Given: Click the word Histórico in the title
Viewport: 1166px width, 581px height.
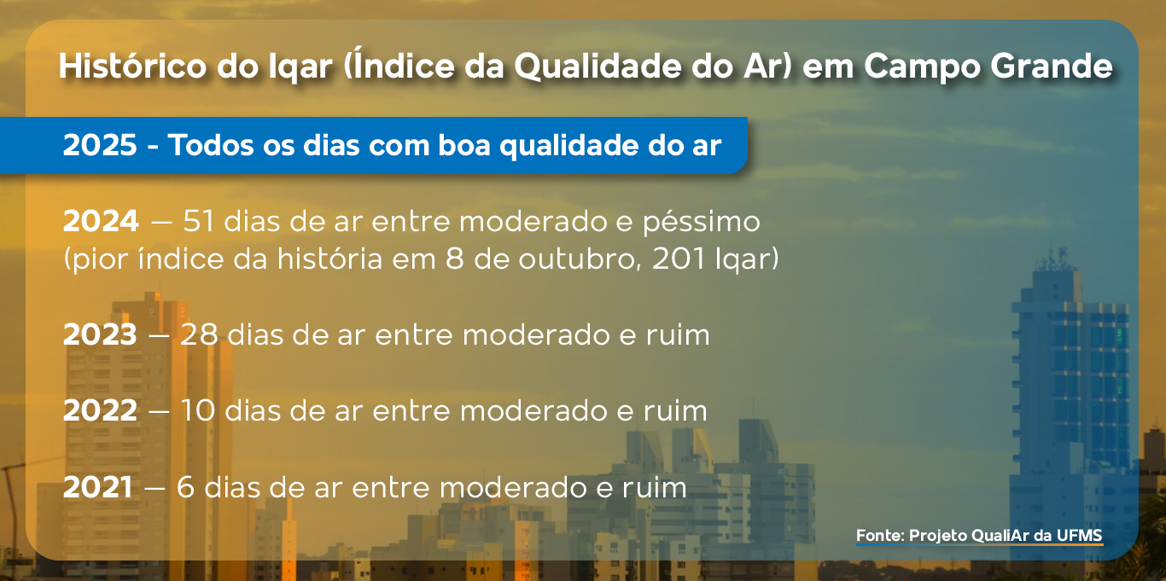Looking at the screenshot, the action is [x=133, y=66].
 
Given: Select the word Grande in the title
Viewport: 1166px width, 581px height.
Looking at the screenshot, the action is [x=1051, y=66].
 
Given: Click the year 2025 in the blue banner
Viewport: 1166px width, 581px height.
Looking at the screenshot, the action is [x=100, y=145].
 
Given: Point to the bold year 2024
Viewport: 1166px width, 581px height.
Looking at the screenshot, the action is [x=101, y=221].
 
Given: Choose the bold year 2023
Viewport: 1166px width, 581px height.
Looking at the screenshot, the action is [x=100, y=334].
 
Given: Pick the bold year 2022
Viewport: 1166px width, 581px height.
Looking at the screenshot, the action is [x=101, y=411].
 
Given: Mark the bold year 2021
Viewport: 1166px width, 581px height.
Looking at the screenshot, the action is [x=97, y=487].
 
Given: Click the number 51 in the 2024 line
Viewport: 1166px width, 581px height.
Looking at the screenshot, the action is [x=198, y=221].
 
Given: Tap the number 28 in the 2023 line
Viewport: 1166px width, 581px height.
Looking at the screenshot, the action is [x=199, y=334].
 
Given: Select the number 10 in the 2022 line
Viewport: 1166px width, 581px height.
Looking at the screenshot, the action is [x=197, y=411].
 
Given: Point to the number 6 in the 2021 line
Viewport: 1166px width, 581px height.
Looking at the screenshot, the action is [x=185, y=487].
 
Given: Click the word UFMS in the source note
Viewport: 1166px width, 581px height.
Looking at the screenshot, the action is [x=1080, y=535].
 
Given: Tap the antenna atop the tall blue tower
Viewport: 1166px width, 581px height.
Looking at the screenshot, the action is [x=1056, y=259].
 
